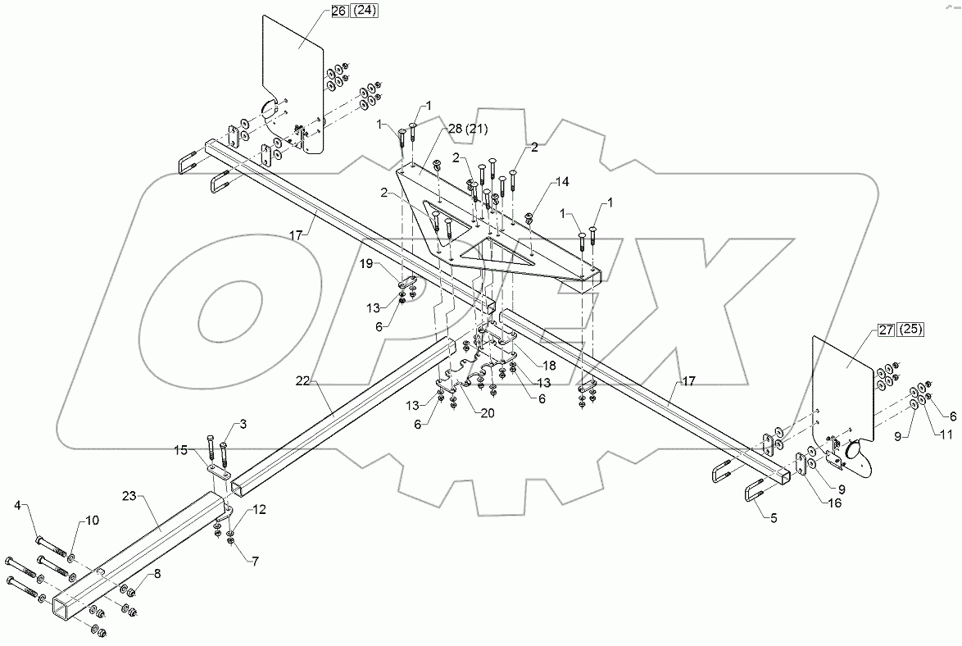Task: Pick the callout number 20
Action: [x=488, y=413]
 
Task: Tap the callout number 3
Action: [x=243, y=424]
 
